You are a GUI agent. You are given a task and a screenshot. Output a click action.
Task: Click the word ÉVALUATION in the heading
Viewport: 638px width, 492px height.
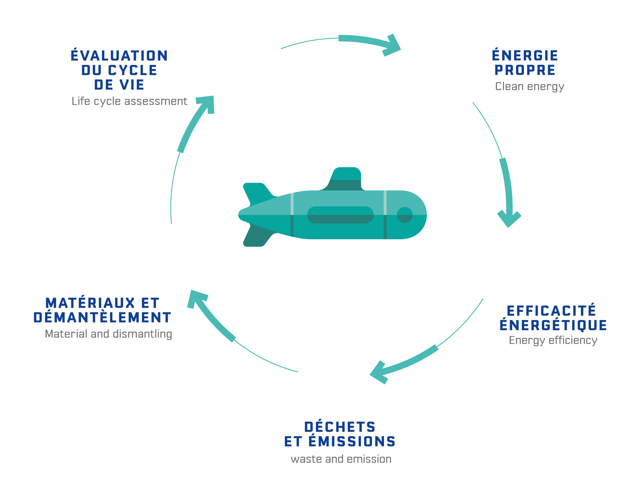point(119,56)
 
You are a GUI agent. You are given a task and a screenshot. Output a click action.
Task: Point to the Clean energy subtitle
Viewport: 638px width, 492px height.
point(529,87)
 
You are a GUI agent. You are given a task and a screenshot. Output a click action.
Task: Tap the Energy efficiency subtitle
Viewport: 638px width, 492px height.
point(553,340)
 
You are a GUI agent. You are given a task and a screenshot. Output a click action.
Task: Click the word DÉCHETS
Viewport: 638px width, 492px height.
point(340,427)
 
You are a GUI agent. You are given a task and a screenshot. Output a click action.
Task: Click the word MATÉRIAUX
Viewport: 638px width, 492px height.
point(90,303)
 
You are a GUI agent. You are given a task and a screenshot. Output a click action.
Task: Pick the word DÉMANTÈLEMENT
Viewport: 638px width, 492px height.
point(102,318)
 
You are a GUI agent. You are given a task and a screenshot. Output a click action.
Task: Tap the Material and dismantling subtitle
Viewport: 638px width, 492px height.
point(108,334)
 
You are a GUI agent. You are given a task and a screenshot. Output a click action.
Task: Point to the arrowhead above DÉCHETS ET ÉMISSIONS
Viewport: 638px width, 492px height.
point(380,372)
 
